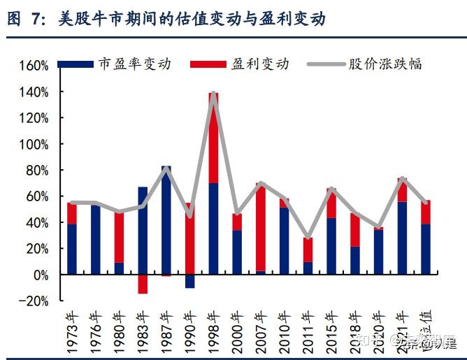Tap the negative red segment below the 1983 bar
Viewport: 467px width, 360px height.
(143, 284)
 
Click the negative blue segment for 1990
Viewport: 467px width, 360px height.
(190, 281)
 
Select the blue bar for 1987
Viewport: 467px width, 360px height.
(166, 220)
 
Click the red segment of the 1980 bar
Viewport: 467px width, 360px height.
(120, 237)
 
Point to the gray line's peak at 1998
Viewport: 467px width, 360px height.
(214, 93)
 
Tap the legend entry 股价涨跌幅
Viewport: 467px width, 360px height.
(385, 64)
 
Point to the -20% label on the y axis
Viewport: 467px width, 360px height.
(34, 301)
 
